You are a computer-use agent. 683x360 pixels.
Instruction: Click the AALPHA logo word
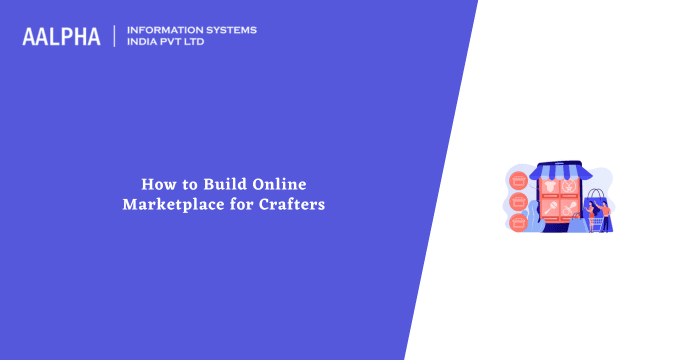tap(61, 36)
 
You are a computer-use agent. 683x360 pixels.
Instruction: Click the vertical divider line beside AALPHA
tap(116, 36)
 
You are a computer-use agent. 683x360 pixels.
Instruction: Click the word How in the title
tap(154, 184)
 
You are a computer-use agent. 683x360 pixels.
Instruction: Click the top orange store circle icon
tap(518, 181)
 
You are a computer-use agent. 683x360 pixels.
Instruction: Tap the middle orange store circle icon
tap(518, 201)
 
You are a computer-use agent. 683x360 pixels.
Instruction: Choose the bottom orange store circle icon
tap(518, 221)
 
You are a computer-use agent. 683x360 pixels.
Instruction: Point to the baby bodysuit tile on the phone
tap(547, 187)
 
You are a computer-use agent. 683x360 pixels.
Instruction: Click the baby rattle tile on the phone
tap(568, 187)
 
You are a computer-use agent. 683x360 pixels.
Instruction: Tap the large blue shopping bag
tap(594, 205)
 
